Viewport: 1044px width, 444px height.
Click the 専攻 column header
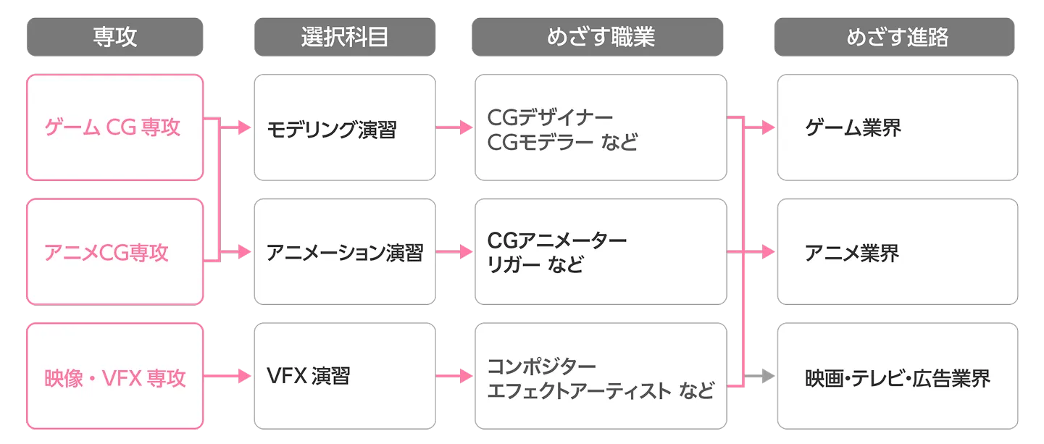pos(114,38)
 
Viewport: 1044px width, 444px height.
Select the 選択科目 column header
pos(345,38)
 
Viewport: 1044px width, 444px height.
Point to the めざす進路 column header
pos(897,38)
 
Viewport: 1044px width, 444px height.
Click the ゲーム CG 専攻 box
pos(114,127)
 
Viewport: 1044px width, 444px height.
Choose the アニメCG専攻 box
pos(114,252)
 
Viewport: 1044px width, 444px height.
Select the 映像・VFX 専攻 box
pos(114,377)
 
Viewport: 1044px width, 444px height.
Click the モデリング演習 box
pos(345,128)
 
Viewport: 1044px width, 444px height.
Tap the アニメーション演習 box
pos(345,252)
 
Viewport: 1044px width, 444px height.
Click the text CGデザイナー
pos(550,117)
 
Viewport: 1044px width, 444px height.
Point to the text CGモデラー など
pos(562,141)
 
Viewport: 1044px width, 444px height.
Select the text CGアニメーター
pos(557,240)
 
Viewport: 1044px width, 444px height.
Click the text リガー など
pos(535,265)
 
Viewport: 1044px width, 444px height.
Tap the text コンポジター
pos(542,365)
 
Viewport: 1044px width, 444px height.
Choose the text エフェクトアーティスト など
pos(601,390)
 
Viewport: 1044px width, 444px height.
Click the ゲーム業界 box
pos(898,128)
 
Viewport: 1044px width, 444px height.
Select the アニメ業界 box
pos(898,252)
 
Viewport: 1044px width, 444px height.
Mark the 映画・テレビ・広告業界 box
pos(898,377)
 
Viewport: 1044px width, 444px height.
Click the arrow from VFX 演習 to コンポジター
pos(455,377)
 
